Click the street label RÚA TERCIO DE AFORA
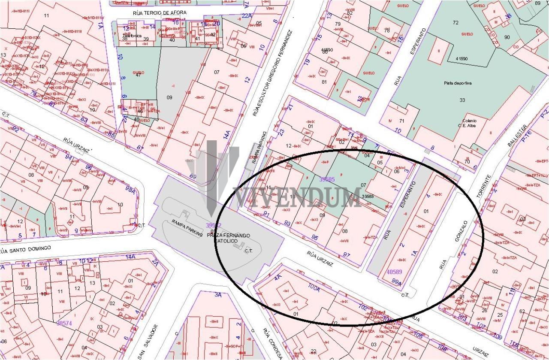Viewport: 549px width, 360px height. (160, 13)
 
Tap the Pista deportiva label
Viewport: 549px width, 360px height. (457, 83)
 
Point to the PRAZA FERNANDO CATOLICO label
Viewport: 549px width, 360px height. (228, 238)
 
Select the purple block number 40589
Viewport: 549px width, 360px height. (394, 272)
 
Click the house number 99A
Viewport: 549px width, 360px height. (397, 282)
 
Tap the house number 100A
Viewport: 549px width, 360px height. (314, 288)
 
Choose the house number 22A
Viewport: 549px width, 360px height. (246, 16)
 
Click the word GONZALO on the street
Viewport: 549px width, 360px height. (461, 231)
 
